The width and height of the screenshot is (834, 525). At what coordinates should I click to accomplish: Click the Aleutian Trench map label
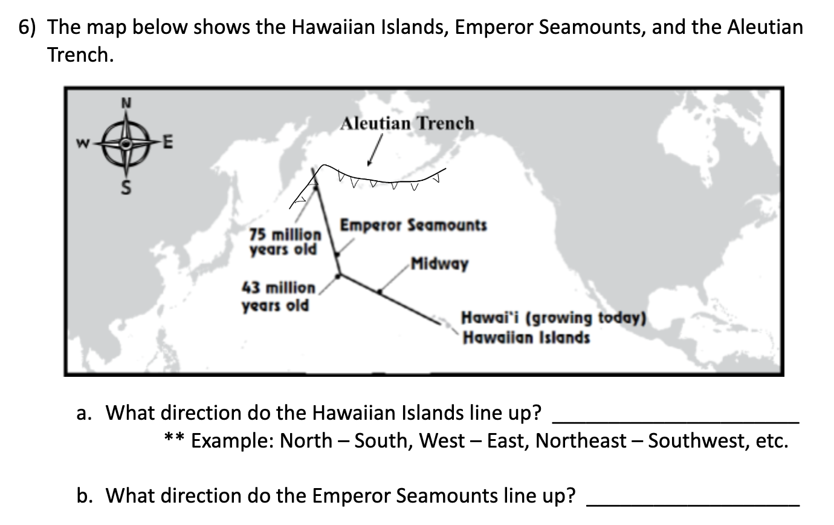pyautogui.click(x=407, y=123)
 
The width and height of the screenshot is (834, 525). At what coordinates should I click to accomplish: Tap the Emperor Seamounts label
pyautogui.click(x=413, y=226)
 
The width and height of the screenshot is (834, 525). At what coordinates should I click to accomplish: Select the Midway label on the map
pyautogui.click(x=439, y=264)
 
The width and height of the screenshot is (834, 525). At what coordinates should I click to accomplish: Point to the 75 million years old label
pyautogui.click(x=284, y=241)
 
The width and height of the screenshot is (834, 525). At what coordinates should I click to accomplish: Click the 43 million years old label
pyautogui.click(x=278, y=296)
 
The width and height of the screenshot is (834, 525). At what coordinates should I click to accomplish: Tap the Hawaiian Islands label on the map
pyautogui.click(x=526, y=337)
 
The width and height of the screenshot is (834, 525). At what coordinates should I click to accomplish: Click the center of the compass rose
pyautogui.click(x=126, y=144)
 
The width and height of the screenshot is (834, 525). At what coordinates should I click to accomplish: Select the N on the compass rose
pyautogui.click(x=126, y=103)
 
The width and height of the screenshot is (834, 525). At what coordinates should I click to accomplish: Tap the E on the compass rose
pyautogui.click(x=169, y=144)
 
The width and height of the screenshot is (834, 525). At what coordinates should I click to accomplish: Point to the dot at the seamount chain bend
pyautogui.click(x=338, y=276)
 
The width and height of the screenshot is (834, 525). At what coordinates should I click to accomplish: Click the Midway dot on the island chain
pyautogui.click(x=380, y=292)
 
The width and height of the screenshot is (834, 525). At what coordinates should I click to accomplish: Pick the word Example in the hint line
pyautogui.click(x=228, y=441)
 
